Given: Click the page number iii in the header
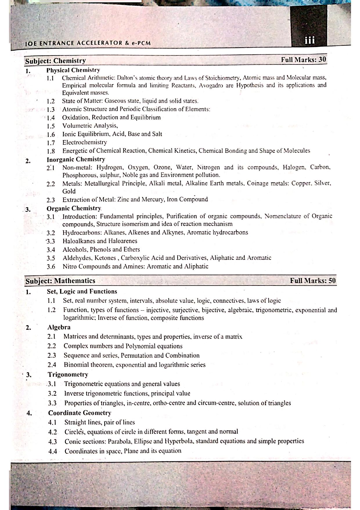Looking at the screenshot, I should (x=309, y=40).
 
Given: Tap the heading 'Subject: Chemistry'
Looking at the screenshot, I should (x=55, y=61).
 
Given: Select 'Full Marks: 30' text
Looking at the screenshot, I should (x=303, y=60).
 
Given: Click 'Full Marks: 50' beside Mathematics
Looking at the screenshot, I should (x=313, y=280).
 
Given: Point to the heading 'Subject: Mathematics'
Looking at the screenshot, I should (x=60, y=281).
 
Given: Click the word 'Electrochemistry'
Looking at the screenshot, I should (x=84, y=142).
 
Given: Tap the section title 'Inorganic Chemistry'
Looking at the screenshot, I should (x=76, y=159).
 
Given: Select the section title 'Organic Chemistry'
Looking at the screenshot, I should (x=74, y=208).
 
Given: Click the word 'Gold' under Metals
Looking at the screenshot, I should (x=69, y=191).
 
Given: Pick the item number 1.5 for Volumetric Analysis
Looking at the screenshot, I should (x=51, y=126).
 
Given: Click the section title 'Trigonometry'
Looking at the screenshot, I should (x=68, y=374).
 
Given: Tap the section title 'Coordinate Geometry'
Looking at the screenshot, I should (x=80, y=413).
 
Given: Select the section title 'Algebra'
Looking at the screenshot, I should (x=59, y=327).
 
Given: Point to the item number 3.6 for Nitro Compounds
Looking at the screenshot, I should (x=51, y=266).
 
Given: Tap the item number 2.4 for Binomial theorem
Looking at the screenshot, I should (x=52, y=365).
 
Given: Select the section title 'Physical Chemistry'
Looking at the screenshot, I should (x=73, y=70).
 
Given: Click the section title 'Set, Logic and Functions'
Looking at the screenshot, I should (x=82, y=291).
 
